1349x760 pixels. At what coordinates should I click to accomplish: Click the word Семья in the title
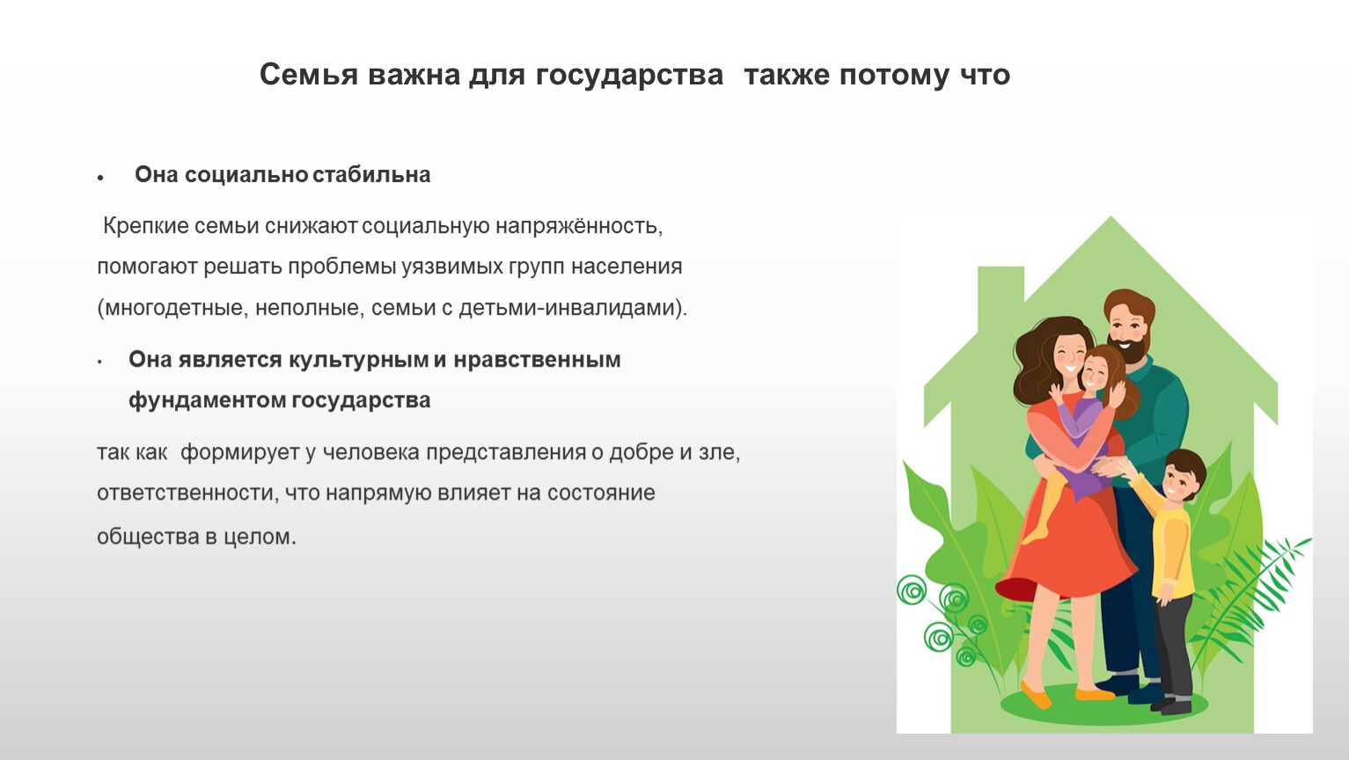point(309,76)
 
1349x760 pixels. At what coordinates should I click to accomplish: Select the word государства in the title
point(629,77)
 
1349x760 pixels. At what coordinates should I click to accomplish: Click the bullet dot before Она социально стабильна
point(100,178)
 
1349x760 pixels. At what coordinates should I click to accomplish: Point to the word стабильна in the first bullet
point(371,175)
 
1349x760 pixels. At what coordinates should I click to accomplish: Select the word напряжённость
point(579,226)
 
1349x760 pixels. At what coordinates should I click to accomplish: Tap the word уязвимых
point(452,267)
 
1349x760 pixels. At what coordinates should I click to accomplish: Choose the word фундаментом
point(209,400)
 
